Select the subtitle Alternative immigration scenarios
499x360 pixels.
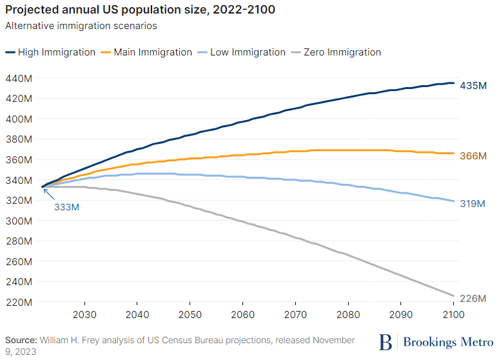point(81,26)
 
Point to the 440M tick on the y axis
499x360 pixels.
point(18,78)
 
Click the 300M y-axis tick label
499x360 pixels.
point(18,221)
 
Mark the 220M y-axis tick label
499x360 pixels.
point(18,302)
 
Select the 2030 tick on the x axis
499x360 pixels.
point(84,315)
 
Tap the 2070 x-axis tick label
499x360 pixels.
point(295,315)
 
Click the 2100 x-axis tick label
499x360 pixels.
point(454,315)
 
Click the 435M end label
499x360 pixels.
point(473,85)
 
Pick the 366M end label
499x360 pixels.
point(473,156)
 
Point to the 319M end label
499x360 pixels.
point(473,204)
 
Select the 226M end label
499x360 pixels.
point(473,298)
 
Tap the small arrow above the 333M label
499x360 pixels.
point(48,193)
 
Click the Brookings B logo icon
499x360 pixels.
point(386,341)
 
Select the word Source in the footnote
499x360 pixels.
point(21,339)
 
